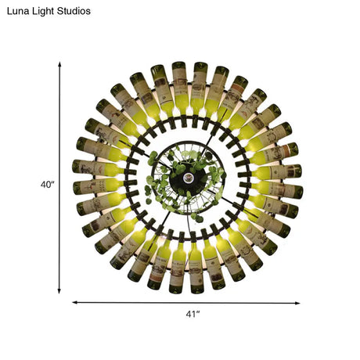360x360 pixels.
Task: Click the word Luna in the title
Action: (x=16, y=11)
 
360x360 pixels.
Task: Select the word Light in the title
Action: (x=41, y=12)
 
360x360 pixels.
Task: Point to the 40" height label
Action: (x=47, y=185)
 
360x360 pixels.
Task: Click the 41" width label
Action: (x=193, y=315)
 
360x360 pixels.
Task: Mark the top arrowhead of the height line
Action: (x=59, y=65)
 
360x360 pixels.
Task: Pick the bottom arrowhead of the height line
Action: (x=59, y=290)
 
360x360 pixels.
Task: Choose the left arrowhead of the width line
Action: (x=75, y=303)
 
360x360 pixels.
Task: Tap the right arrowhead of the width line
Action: (x=297, y=303)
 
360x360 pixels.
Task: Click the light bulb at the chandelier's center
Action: (x=188, y=178)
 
